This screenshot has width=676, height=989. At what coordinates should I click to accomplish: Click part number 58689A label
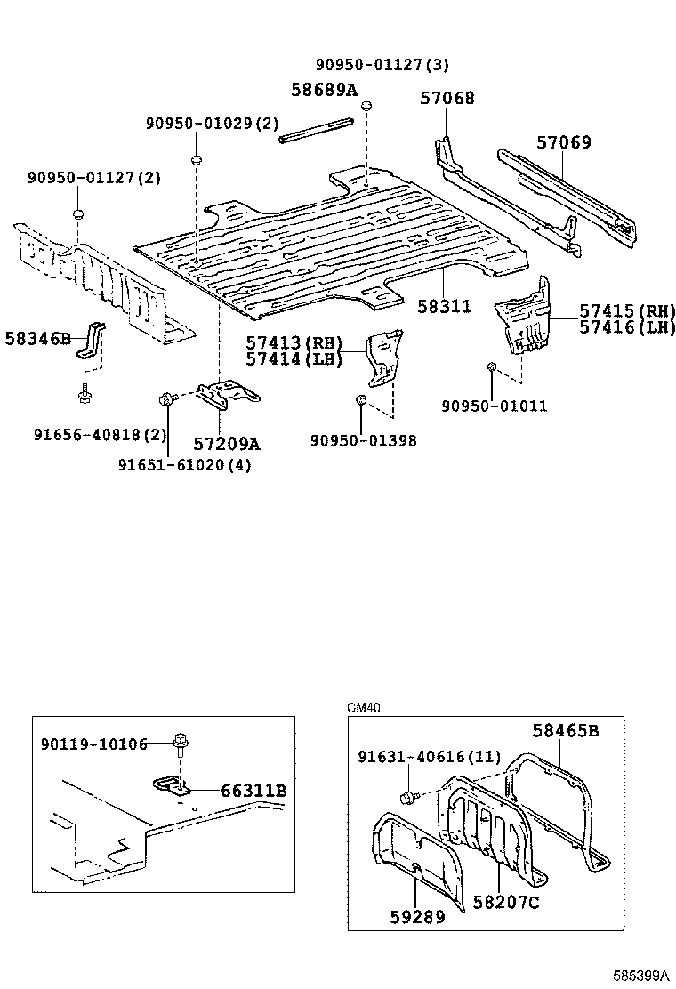pyautogui.click(x=324, y=90)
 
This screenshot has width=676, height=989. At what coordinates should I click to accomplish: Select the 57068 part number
pyautogui.click(x=447, y=99)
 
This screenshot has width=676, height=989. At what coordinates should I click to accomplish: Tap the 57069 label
pyautogui.click(x=563, y=142)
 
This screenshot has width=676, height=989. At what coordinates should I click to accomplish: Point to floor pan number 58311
pyautogui.click(x=445, y=307)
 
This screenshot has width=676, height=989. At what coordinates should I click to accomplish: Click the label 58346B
pyautogui.click(x=37, y=339)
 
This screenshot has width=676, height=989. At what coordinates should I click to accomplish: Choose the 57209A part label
pyautogui.click(x=227, y=444)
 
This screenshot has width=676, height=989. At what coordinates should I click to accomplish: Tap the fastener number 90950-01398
pyautogui.click(x=363, y=440)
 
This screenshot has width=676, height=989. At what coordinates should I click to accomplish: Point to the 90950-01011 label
pyautogui.click(x=494, y=406)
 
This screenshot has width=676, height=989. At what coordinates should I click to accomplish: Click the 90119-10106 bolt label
pyautogui.click(x=94, y=744)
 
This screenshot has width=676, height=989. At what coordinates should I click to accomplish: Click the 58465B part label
pyautogui.click(x=565, y=731)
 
